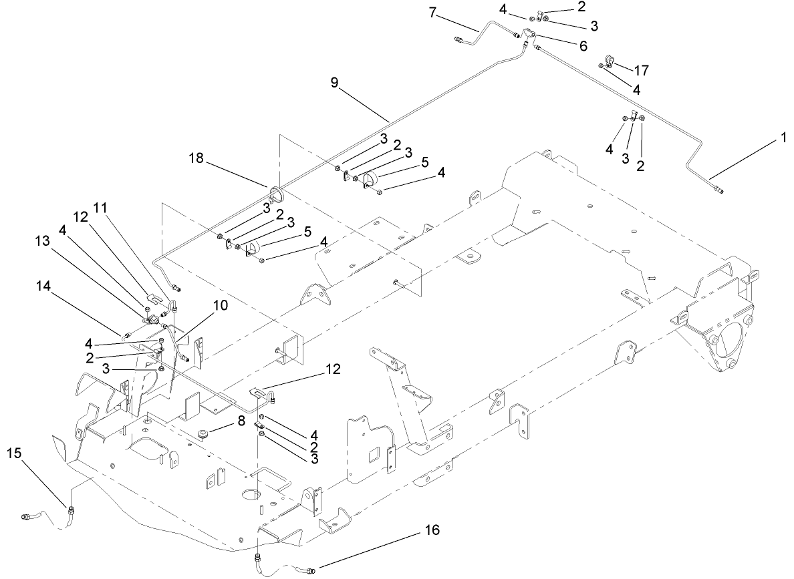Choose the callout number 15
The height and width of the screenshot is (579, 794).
point(14,453)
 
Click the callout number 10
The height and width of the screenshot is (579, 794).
point(220,306)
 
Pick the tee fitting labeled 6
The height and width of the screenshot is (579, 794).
point(529,34)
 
